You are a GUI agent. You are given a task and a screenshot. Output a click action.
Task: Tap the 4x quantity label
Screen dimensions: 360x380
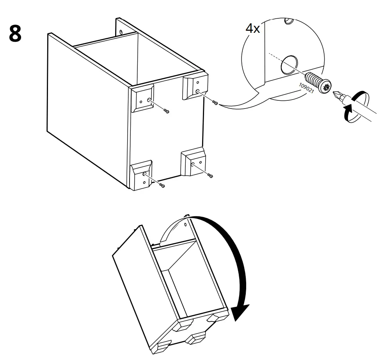click(x=252, y=29)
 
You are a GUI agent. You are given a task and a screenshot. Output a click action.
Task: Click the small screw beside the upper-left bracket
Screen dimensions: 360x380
click(x=167, y=111)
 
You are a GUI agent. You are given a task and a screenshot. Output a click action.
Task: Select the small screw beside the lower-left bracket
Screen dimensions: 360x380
click(x=162, y=186)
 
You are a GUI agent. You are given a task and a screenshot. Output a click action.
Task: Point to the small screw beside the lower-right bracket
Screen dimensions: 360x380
click(x=211, y=175)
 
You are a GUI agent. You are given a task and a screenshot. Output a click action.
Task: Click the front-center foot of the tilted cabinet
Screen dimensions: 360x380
click(x=197, y=338)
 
